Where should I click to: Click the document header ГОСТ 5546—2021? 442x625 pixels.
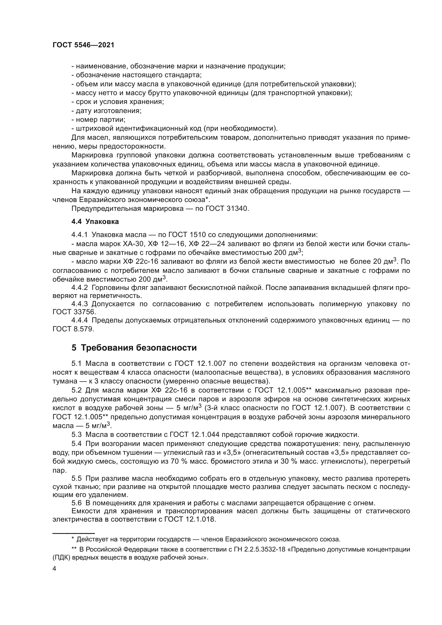[x=83, y=45]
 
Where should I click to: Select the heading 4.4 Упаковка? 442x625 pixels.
[x=95, y=222]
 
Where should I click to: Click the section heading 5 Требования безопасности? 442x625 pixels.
[x=134, y=348]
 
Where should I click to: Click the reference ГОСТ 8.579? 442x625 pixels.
[x=73, y=329]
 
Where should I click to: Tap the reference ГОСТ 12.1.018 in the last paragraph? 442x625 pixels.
[x=190, y=519]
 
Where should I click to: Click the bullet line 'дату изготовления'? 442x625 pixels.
[x=106, y=111]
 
